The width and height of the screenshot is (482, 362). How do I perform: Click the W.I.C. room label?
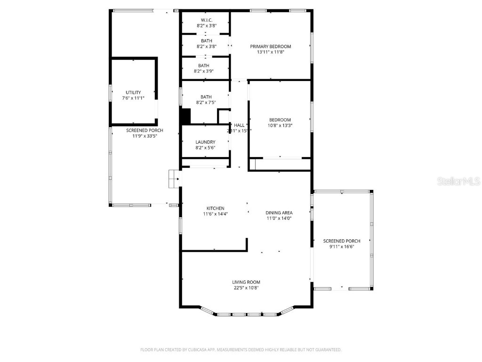pos(206,20)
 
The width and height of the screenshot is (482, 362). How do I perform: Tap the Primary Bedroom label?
pos(270,46)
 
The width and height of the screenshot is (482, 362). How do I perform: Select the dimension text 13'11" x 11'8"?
pos(270,52)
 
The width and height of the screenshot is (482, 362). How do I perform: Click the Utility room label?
pos(133,92)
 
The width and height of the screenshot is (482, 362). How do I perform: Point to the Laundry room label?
pos(205,142)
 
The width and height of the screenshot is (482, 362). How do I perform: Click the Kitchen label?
pos(215,208)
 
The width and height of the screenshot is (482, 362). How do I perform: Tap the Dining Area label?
pos(279,212)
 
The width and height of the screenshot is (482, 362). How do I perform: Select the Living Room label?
pos(246,282)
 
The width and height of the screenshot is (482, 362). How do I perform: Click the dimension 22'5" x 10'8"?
pos(246,288)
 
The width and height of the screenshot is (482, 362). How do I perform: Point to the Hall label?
pos(240,125)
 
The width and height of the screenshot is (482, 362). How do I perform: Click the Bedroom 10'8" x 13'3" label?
pos(280,120)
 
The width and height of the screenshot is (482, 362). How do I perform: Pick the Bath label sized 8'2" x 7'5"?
pos(206,97)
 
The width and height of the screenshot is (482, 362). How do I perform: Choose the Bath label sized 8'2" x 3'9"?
pos(204,66)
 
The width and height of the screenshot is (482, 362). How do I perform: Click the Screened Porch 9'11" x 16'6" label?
pos(341,241)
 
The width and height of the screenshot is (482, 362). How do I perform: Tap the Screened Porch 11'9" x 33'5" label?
pos(145,130)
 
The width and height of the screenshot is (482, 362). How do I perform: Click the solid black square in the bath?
pos(185,116)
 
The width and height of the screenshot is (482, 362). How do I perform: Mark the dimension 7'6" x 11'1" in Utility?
pos(133,98)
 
